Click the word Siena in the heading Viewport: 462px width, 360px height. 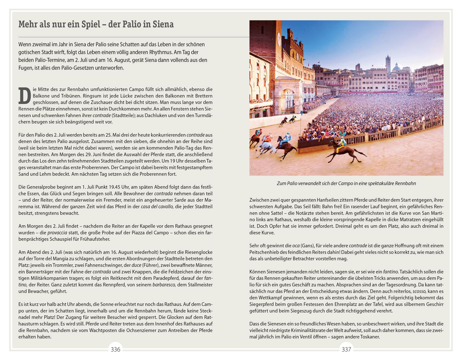163,24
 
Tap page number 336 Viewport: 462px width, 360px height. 115,350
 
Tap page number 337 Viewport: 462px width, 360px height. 346,350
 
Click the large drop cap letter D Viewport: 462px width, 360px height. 25,96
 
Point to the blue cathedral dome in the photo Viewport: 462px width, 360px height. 396,68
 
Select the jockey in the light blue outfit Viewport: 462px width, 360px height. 287,137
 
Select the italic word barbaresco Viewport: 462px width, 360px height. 164,285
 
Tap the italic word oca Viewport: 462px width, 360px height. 296,246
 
